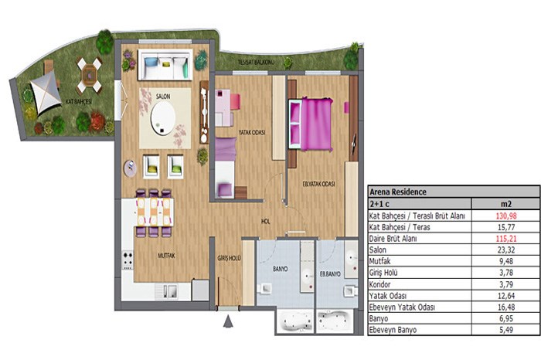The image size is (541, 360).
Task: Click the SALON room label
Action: click(x=163, y=97)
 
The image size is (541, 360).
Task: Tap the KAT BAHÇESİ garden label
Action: click(x=79, y=102)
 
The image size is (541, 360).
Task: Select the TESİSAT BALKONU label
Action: click(x=256, y=62)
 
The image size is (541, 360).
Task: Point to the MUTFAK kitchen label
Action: click(x=166, y=256)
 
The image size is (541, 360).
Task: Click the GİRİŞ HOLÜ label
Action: click(x=229, y=257)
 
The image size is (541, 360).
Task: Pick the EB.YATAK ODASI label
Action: click(x=318, y=184)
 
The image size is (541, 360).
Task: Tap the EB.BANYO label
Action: click(x=330, y=274)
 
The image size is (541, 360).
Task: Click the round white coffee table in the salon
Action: click(x=163, y=118)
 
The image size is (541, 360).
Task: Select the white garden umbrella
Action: click(x=43, y=92)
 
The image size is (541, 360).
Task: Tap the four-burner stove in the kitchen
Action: click(x=128, y=260)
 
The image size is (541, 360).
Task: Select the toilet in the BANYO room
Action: click(x=265, y=288)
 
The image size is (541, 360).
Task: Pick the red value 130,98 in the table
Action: click(x=506, y=216)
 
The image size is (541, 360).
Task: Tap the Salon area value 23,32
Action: click(x=506, y=250)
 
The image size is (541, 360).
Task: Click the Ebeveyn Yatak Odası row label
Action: click(x=402, y=307)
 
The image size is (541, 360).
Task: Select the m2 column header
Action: click(x=506, y=204)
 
